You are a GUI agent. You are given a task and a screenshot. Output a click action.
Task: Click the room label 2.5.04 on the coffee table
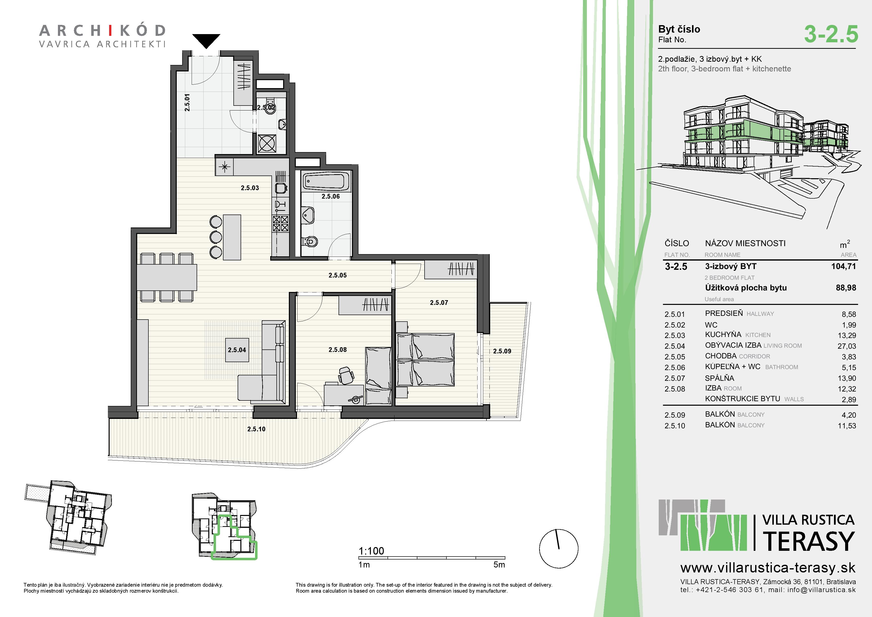237,350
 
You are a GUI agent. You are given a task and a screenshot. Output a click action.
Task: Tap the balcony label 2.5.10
256,429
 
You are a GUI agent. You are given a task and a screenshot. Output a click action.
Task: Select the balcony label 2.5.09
502,351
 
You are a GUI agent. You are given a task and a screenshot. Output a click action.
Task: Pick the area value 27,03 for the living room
847,346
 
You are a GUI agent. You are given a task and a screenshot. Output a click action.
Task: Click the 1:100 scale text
371,551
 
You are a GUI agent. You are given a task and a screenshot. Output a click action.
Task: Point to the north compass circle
559,549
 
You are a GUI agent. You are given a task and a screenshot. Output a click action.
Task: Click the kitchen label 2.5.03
250,188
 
